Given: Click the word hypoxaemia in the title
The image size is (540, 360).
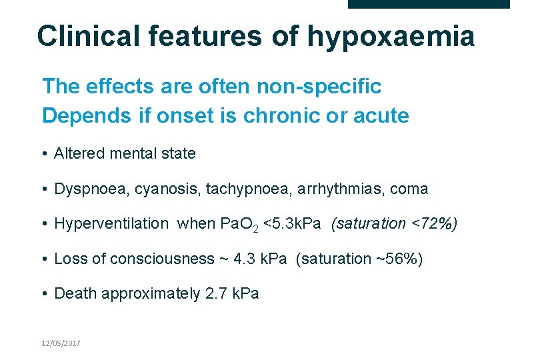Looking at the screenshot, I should tap(391, 37).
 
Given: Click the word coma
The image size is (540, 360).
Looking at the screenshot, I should tap(409, 189).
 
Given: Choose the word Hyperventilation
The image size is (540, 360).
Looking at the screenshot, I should tap(111, 223).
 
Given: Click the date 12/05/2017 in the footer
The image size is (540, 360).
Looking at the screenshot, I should tap(61, 343).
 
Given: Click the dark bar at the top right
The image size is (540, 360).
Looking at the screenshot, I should tap(429, 4).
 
